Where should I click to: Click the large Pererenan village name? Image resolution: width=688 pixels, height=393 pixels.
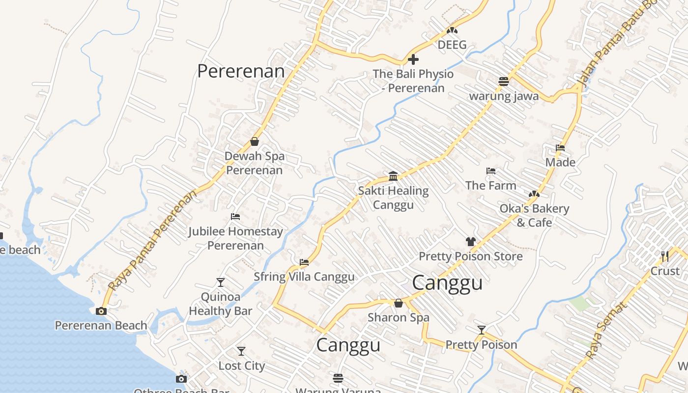(x=241, y=71)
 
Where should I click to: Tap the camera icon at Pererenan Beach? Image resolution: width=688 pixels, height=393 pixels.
(x=101, y=311)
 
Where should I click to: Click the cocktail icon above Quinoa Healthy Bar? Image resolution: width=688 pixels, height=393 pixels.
(x=221, y=282)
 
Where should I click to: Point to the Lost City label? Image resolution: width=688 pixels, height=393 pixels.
(x=241, y=366)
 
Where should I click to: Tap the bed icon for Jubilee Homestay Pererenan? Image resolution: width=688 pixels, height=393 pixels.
(x=235, y=217)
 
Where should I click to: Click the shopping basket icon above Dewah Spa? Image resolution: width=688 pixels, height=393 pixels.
(x=255, y=141)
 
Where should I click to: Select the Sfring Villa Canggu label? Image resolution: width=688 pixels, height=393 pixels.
(x=304, y=277)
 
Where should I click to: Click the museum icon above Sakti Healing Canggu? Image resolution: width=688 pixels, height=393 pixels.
(x=393, y=176)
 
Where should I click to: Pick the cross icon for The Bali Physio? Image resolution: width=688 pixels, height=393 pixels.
(x=413, y=59)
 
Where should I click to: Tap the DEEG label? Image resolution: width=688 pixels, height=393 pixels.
(x=452, y=45)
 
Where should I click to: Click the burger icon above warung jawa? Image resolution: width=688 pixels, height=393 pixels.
(x=504, y=81)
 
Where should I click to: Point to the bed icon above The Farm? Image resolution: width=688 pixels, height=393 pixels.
(x=490, y=171)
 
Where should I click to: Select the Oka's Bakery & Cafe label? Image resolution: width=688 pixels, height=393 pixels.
(x=534, y=216)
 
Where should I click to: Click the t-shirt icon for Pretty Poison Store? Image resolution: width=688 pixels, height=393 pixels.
(x=471, y=241)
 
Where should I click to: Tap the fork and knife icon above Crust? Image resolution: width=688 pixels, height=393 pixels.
(x=665, y=256)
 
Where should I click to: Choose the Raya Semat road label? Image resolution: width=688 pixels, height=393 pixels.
(x=606, y=331)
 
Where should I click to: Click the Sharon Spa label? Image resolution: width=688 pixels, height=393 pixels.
(x=399, y=317)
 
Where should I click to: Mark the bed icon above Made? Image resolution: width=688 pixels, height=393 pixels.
(x=560, y=148)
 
